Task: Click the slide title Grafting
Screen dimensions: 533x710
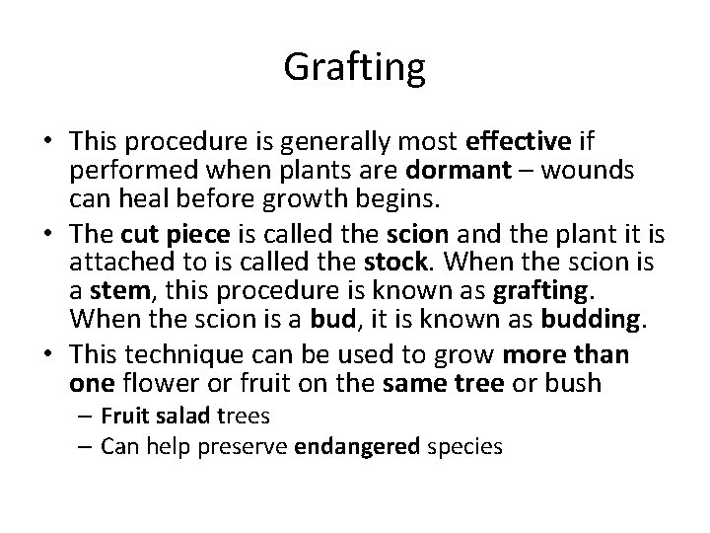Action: [355, 68]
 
